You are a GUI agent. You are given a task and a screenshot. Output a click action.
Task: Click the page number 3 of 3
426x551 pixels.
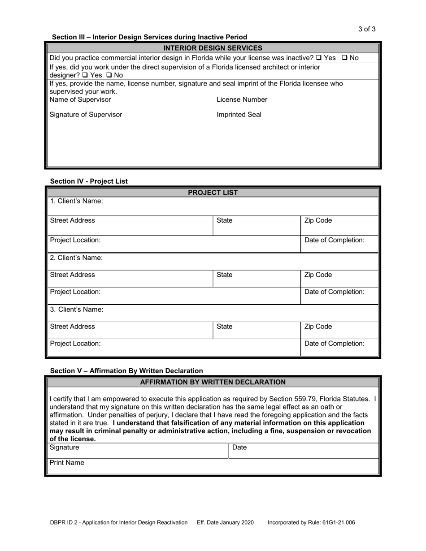(x=367, y=29)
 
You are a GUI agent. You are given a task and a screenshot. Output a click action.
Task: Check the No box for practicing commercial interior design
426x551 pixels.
(x=344, y=58)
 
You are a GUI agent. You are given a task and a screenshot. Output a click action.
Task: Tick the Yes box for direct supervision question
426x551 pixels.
(x=85, y=75)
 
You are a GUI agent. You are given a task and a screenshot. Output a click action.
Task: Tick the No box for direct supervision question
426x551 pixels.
(x=109, y=75)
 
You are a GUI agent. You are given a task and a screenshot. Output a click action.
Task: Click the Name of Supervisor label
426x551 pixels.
(x=80, y=99)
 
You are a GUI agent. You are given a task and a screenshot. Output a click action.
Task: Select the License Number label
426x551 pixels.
(x=242, y=99)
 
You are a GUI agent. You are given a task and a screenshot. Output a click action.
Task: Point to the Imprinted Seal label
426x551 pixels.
(x=239, y=115)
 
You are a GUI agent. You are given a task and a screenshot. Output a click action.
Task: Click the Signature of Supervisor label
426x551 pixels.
(x=86, y=115)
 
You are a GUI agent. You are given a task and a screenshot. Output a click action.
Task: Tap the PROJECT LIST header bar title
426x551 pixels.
(x=213, y=193)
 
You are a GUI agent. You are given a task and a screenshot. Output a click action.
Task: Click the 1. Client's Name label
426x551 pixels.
(x=76, y=201)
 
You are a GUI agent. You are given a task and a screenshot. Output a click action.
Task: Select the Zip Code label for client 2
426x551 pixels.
(x=318, y=275)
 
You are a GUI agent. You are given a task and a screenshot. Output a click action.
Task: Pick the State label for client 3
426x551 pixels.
(x=224, y=327)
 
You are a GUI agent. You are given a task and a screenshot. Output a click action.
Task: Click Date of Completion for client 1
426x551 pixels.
(x=334, y=240)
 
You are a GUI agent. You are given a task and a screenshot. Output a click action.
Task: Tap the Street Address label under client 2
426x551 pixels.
(x=72, y=275)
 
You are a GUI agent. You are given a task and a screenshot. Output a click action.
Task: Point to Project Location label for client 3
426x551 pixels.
(x=75, y=344)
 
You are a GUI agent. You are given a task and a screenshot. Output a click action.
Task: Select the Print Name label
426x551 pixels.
(x=66, y=463)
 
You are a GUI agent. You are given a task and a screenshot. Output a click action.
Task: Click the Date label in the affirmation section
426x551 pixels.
(x=239, y=448)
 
